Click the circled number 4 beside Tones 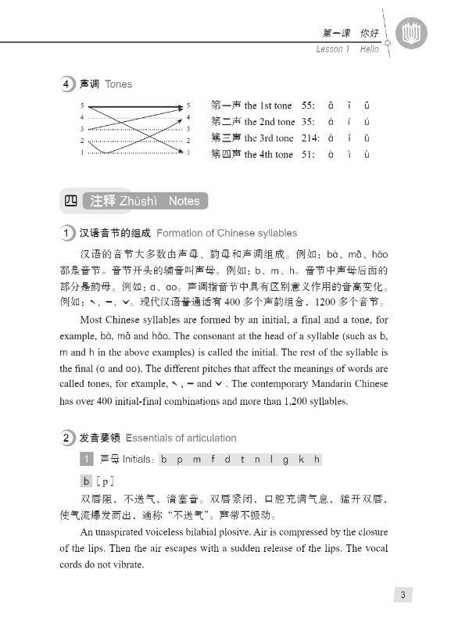[x=68, y=84]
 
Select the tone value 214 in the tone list [x=310, y=138]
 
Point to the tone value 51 [x=307, y=154]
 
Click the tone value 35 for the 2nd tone [x=307, y=122]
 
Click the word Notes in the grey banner [x=184, y=201]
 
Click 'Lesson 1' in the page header [x=334, y=48]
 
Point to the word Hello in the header [x=370, y=48]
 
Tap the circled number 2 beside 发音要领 [x=68, y=438]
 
